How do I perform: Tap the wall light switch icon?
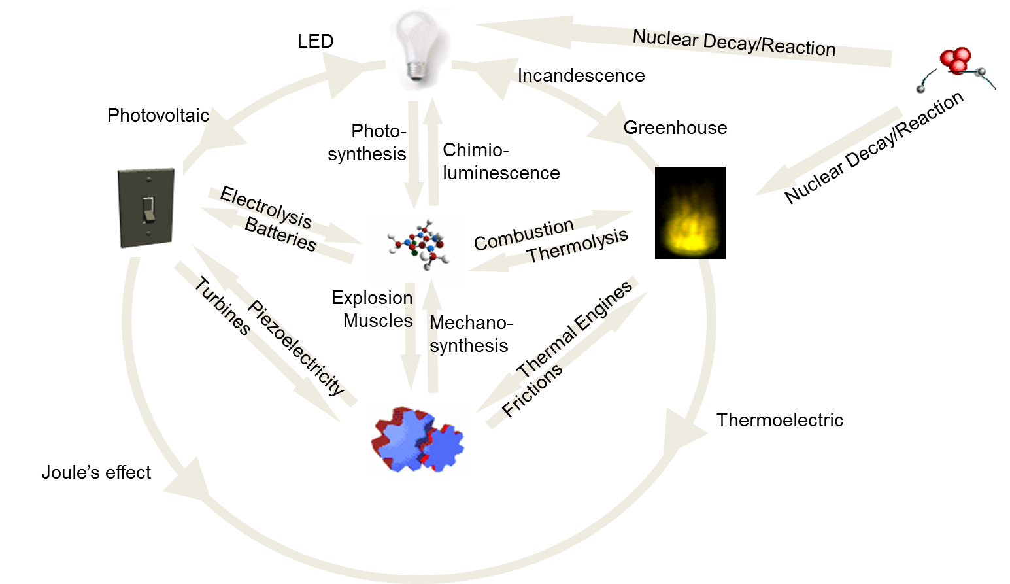click(x=146, y=207)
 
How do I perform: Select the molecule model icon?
click(x=417, y=249)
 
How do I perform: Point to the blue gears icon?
click(x=418, y=439)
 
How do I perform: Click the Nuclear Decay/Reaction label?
click(x=733, y=43)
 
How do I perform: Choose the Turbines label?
click(x=222, y=309)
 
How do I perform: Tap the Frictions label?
click(x=533, y=390)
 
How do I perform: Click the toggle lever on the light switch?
click(x=148, y=209)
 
